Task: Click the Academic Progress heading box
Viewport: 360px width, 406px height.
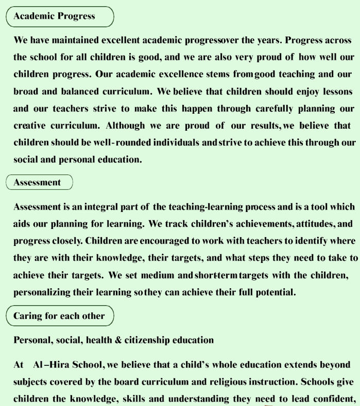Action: pos(59,16)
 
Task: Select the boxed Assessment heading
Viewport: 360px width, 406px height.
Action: pos(39,182)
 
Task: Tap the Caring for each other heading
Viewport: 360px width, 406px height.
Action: pos(59,316)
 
